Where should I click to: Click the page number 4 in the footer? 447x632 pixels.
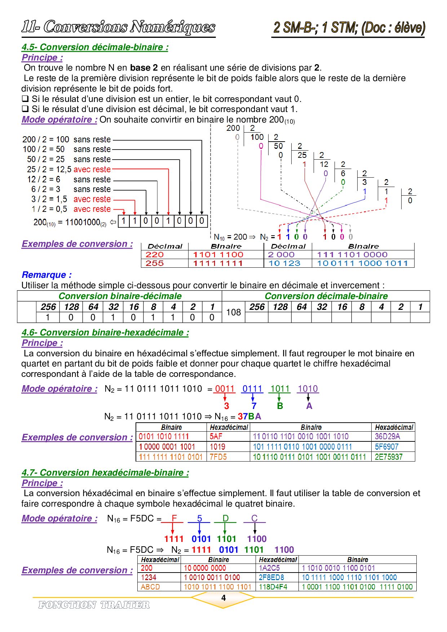tap(223, 598)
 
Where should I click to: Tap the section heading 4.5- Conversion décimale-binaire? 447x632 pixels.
tap(95, 47)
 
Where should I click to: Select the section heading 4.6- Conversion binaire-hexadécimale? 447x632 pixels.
tap(105, 333)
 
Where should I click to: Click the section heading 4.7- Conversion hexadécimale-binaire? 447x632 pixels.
tap(105, 473)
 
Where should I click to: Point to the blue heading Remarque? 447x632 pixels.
tap(47, 275)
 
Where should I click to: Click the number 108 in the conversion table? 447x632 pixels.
tap(233, 312)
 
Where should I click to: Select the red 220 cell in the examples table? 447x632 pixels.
tap(155, 254)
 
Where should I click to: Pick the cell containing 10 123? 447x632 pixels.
tap(284, 263)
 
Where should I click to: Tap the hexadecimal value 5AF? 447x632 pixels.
tap(216, 436)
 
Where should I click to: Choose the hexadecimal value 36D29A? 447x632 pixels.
tap(387, 436)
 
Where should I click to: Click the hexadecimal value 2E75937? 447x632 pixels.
tap(389, 457)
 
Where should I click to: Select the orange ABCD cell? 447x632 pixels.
tap(150, 587)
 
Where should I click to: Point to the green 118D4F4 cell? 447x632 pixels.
tap(273, 587)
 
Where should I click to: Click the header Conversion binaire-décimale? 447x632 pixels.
tap(120, 296)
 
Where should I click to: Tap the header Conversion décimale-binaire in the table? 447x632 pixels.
tap(326, 296)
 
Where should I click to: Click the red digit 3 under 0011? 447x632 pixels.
tap(226, 406)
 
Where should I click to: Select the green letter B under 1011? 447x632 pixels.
tap(280, 406)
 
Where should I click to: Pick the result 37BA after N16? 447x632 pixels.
tap(249, 417)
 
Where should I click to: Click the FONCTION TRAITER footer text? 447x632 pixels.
tap(94, 605)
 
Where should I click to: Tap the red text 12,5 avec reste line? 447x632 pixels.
tap(92, 169)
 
